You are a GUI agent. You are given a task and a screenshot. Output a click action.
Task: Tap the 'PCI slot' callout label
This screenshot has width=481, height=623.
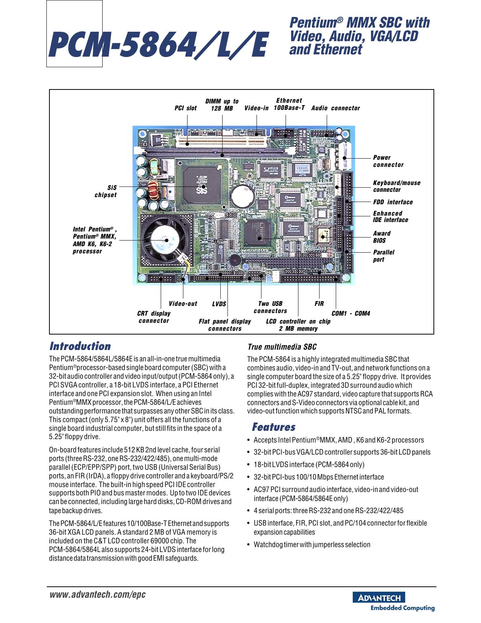coord(186,108)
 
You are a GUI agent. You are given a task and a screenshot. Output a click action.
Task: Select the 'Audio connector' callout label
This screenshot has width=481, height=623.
coord(335,108)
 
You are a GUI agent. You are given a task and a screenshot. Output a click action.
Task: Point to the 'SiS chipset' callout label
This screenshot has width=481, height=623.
coord(106,191)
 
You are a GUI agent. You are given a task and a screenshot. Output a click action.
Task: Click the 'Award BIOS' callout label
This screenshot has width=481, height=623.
coord(381,237)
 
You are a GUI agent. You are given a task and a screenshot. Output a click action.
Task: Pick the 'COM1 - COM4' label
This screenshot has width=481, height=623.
coord(350,313)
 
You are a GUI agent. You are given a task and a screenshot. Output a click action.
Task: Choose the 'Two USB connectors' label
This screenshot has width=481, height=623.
coord(270,307)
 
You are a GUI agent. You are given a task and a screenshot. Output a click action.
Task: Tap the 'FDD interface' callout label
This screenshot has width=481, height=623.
coord(393,202)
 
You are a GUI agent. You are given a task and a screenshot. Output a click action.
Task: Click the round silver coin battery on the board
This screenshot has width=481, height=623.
coord(242,196)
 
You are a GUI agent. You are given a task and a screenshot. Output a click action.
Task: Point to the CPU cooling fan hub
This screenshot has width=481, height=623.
coord(165,240)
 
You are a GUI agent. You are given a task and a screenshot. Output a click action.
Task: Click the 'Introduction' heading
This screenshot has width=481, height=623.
coord(80,346)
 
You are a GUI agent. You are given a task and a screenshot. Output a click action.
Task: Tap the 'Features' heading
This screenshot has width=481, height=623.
coord(274,427)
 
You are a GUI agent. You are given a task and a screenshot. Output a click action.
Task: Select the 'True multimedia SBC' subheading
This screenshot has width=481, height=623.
coord(282,347)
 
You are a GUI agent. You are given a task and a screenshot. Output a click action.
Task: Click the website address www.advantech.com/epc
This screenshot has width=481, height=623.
coord(98,595)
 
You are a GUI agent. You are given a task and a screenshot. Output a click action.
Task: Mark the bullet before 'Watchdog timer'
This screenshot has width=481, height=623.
coord(248,545)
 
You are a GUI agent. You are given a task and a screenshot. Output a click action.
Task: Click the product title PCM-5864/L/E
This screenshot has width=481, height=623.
coord(158,45)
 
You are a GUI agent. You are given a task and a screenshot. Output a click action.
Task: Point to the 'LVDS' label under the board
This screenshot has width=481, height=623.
coord(219,304)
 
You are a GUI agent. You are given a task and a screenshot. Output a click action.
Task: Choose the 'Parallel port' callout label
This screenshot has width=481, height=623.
coord(384,256)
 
